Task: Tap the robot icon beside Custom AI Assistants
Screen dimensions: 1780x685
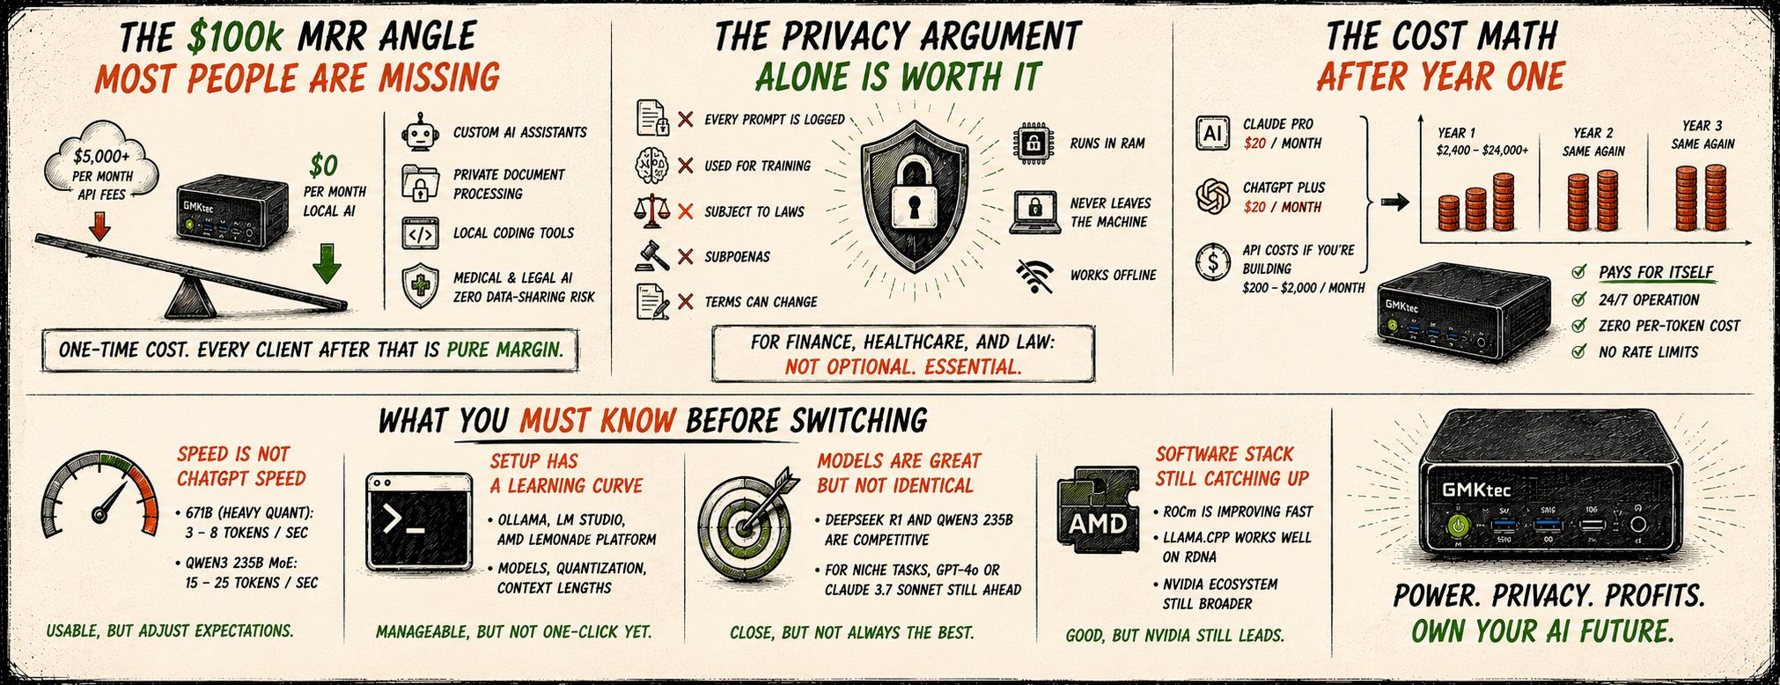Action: tap(420, 133)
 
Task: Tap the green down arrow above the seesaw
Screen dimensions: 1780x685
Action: tap(327, 263)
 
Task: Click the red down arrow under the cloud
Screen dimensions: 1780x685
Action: tap(100, 227)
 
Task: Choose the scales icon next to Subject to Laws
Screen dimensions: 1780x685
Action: tap(652, 210)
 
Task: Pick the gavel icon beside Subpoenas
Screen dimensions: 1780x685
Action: tap(652, 255)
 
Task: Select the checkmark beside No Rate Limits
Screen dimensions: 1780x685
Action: tap(1580, 352)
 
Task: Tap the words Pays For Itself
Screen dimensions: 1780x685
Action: tap(1656, 272)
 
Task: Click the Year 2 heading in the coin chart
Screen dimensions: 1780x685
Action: tap(1593, 133)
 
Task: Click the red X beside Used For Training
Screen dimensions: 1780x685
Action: tap(686, 165)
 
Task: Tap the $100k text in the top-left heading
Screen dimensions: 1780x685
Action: tap(236, 37)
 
